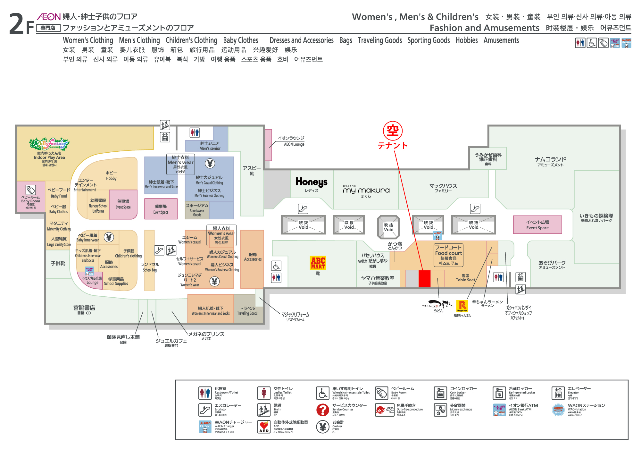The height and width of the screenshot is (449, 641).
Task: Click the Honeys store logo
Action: pyautogui.click(x=312, y=182)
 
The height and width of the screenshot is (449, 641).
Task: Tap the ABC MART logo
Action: pyautogui.click(x=318, y=263)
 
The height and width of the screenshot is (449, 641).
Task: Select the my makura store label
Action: pyautogui.click(x=366, y=190)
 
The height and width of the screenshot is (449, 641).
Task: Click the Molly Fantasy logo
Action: pyautogui.click(x=49, y=144)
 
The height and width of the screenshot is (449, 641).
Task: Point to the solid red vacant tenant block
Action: pyautogui.click(x=425, y=278)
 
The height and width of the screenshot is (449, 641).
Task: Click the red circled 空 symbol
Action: pyautogui.click(x=393, y=131)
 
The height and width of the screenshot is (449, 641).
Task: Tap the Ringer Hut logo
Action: pyautogui.click(x=462, y=306)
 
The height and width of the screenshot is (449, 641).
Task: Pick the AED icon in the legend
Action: pyautogui.click(x=264, y=427)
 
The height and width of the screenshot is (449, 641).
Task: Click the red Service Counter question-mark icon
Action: pyautogui.click(x=322, y=410)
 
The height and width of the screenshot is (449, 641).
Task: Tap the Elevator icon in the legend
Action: pyautogui.click(x=558, y=393)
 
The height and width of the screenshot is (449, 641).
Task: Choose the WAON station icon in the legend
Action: pyautogui.click(x=558, y=410)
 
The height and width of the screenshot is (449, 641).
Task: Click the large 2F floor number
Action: pyautogui.click(x=21, y=24)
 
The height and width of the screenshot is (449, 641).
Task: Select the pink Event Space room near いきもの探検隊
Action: pyautogui.click(x=537, y=224)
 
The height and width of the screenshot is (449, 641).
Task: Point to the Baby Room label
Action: pyautogui.click(x=31, y=199)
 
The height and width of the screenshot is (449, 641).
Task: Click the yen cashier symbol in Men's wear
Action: pyautogui.click(x=210, y=164)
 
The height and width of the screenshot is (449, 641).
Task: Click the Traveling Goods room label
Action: pyautogui.click(x=247, y=311)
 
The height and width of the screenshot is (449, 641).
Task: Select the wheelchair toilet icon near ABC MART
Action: pyautogui.click(x=276, y=266)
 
